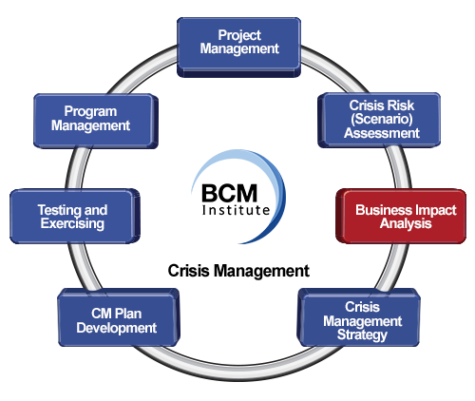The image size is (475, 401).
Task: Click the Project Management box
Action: tap(238, 48)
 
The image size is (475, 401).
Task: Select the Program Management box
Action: tap(96, 121)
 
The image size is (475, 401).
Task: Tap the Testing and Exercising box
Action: tap(75, 217)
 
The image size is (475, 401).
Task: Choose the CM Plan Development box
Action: tap(119, 317)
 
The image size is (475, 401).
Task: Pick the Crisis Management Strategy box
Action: tap(358, 317)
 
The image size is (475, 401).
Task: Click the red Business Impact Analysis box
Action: tap(401, 217)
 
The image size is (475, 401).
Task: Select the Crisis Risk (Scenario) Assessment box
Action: tap(379, 121)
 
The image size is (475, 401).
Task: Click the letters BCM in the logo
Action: tap(229, 194)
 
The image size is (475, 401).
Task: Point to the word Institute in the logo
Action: tap(236, 210)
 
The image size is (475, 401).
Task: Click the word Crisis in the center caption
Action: tap(189, 271)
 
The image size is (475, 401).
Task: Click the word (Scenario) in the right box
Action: tap(382, 119)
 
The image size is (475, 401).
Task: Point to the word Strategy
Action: tap(362, 335)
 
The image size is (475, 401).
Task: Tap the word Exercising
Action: tap(72, 223)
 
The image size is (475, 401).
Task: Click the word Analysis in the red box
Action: tap(406, 223)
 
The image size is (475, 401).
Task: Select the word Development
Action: tap(117, 328)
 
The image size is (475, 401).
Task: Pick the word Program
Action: tap(90, 112)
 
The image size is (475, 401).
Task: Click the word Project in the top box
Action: tap(239, 35)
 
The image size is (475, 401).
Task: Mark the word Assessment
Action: tap(382, 133)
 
